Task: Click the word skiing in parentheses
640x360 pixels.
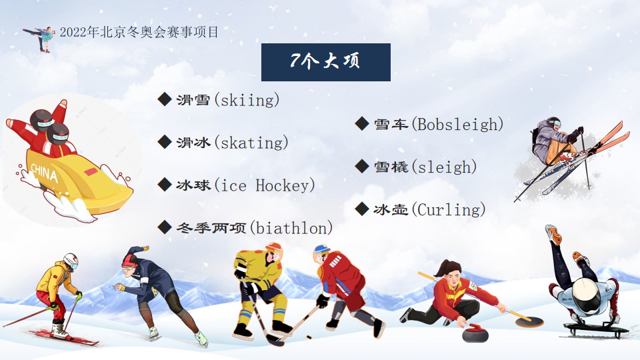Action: (247, 100)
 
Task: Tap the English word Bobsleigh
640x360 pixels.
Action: (457, 125)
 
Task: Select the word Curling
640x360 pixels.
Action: (449, 210)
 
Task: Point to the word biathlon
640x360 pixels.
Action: (291, 228)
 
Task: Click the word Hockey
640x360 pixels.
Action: (283, 185)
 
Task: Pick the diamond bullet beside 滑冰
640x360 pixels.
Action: (165, 142)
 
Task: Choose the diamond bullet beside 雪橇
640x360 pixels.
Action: (362, 166)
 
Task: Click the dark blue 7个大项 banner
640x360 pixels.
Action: (326, 62)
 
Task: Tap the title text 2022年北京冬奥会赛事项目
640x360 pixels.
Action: (139, 32)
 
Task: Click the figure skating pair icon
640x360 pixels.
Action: (40, 38)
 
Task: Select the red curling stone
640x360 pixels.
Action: (475, 333)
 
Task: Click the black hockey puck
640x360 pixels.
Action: (309, 337)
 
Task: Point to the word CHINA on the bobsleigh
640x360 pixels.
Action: (45, 172)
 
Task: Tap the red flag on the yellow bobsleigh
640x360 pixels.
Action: (91, 171)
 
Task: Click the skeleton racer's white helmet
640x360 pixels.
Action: (586, 295)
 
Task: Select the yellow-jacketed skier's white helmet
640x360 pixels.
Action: (71, 260)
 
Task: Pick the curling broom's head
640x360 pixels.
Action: (529, 323)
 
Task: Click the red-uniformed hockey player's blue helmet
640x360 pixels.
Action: (321, 249)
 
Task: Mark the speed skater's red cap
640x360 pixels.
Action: (130, 261)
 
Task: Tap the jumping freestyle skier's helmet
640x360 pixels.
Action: (553, 122)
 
